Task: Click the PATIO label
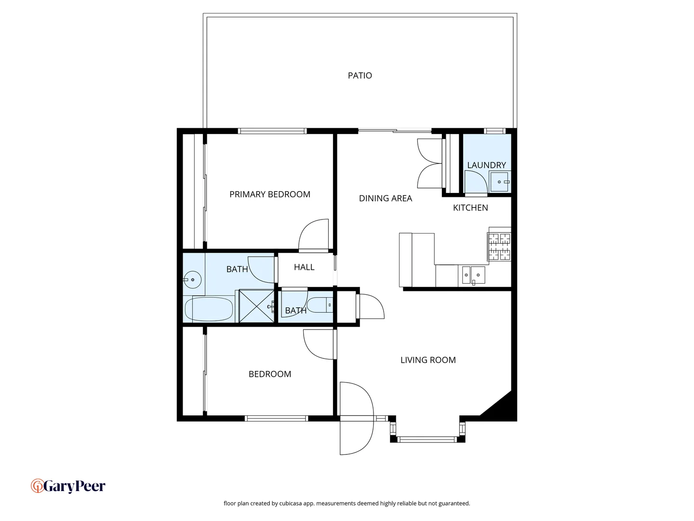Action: click(x=360, y=75)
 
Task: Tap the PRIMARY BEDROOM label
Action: click(x=269, y=194)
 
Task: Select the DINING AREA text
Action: click(x=385, y=198)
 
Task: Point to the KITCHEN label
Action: click(x=470, y=208)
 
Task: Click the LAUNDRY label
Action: click(x=486, y=165)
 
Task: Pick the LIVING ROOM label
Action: click(x=428, y=360)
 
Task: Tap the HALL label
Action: click(x=304, y=267)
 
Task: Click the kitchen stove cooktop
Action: click(x=499, y=247)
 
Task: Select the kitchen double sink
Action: click(x=473, y=275)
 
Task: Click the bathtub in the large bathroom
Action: click(x=209, y=309)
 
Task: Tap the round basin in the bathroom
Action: click(x=193, y=279)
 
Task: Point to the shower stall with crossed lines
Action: click(x=256, y=306)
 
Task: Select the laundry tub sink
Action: click(x=500, y=182)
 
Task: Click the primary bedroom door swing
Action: click(x=313, y=236)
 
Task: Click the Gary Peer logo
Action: click(x=68, y=486)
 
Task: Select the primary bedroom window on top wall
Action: click(x=272, y=131)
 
